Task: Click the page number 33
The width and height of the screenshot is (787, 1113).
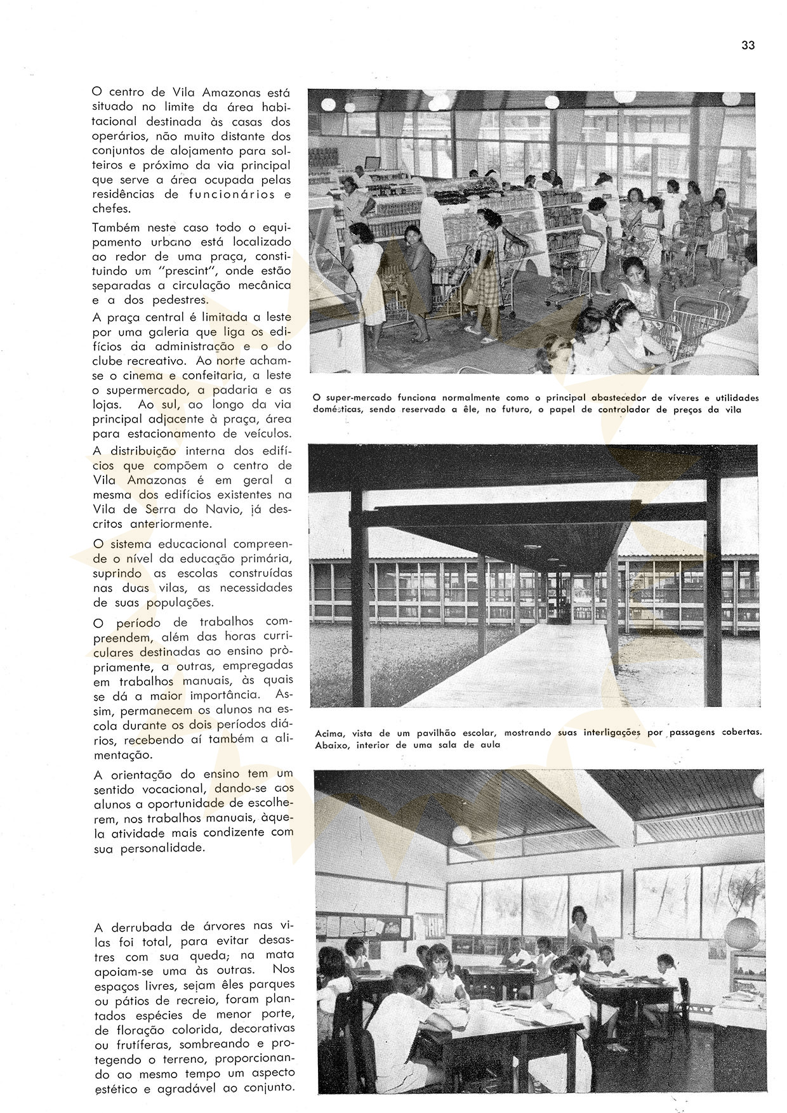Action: pos(748,45)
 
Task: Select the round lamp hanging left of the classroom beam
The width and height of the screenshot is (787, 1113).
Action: pos(462,833)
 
